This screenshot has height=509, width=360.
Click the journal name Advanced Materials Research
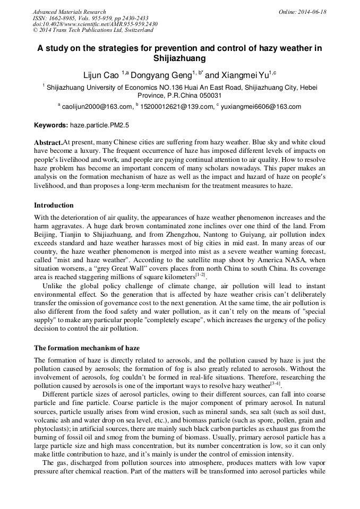point(69,12)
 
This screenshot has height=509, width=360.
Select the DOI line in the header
point(95,24)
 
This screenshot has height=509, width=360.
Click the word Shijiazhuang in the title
point(179,58)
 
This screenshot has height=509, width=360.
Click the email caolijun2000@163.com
point(97,107)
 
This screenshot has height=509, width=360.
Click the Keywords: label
point(51,126)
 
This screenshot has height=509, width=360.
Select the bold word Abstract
point(48,143)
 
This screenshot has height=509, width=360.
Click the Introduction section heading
point(54,205)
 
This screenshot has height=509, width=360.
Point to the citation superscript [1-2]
point(200,274)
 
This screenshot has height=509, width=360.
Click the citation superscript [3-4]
point(275,383)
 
